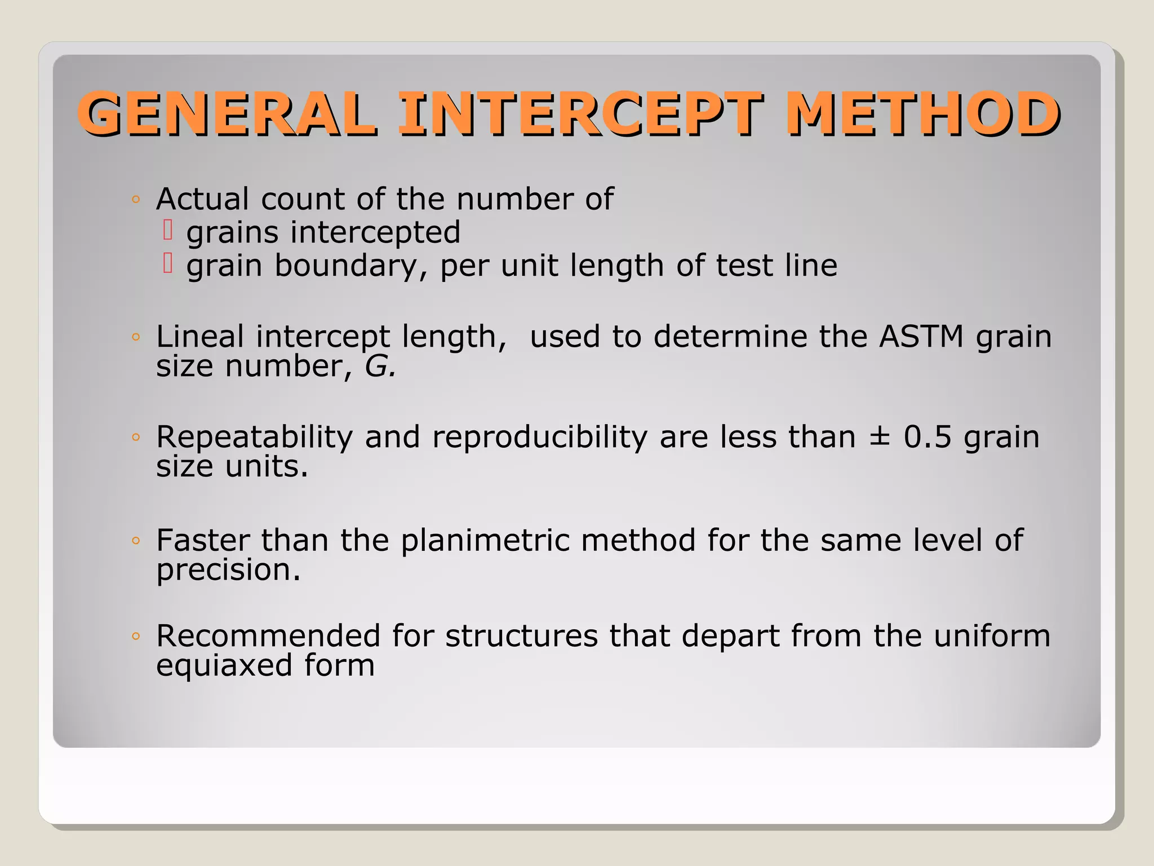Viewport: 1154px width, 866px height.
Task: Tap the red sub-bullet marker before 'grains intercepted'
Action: (x=167, y=230)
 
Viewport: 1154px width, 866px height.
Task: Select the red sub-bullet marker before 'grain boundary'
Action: (x=167, y=263)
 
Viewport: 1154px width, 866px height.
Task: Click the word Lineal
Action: (x=200, y=337)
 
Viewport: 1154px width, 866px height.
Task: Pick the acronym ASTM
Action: (x=921, y=337)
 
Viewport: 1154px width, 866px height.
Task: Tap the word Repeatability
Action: (x=254, y=437)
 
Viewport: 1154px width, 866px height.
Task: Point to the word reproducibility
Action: (x=540, y=437)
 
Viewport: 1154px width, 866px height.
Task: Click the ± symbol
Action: (x=879, y=437)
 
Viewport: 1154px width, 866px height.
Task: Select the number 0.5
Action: (x=927, y=437)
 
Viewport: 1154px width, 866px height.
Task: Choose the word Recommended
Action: (x=268, y=636)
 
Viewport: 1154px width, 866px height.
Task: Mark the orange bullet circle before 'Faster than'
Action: (x=135, y=541)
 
